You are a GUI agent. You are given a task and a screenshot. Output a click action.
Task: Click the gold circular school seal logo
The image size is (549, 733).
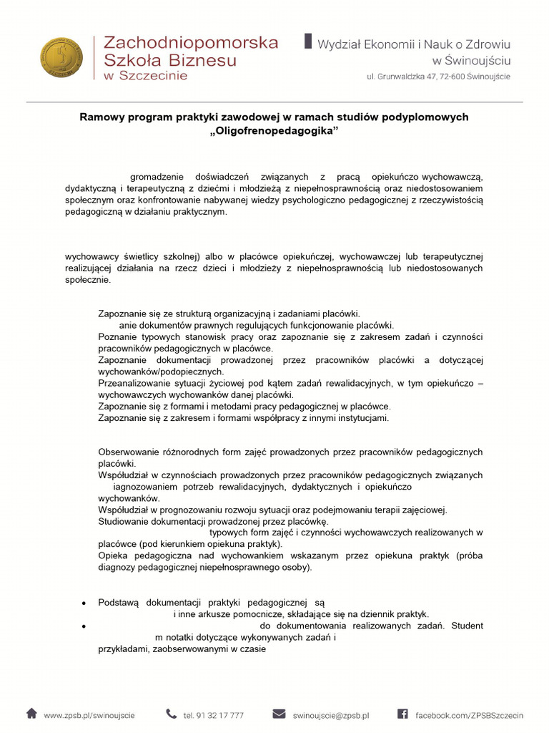[x=61, y=58]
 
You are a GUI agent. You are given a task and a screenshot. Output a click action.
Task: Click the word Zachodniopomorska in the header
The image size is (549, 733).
[x=191, y=42]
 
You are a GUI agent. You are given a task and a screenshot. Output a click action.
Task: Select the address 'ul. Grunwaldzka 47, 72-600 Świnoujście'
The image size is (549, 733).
[x=438, y=76]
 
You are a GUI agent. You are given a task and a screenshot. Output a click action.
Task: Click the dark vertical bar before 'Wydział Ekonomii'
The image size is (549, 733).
[x=308, y=41]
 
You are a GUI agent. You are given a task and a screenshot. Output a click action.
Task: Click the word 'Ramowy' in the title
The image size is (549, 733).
[x=99, y=117]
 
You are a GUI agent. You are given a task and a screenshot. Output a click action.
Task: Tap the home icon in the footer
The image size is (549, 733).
[x=31, y=714]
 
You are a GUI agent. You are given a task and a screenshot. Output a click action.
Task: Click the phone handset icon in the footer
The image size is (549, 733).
[x=172, y=714]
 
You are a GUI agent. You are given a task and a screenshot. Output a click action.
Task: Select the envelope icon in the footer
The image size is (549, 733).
[x=279, y=714]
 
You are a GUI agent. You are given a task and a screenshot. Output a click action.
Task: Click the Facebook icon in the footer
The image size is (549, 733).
[x=402, y=714]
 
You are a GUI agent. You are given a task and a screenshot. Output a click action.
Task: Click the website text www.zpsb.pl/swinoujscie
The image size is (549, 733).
[x=89, y=715]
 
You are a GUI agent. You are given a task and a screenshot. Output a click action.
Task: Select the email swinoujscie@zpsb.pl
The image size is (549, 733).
[x=330, y=715]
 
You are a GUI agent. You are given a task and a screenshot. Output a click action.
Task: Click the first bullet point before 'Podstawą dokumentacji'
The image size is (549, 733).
[x=85, y=603]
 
